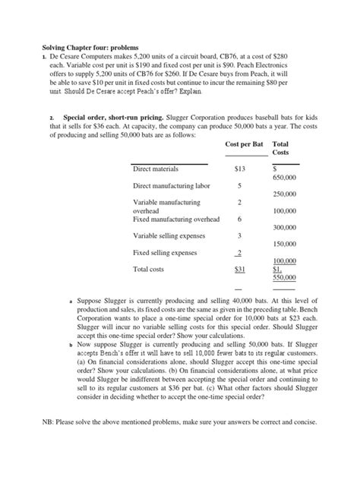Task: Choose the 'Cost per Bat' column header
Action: pos(247,144)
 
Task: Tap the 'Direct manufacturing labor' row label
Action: pos(172,185)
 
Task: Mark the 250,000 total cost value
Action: pos(285,194)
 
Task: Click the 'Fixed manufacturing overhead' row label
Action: pos(175,219)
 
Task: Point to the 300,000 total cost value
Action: pos(285,227)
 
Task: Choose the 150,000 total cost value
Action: pos(285,244)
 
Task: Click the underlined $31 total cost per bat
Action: pos(240,269)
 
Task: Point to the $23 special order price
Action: pos(292,320)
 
